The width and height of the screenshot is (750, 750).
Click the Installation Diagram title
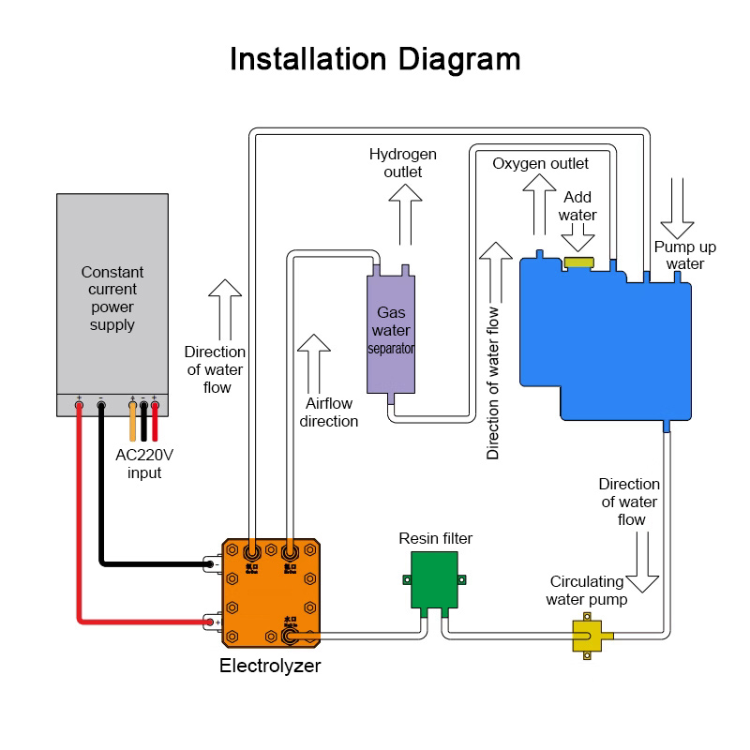click(x=375, y=59)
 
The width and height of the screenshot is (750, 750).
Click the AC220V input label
click(x=144, y=463)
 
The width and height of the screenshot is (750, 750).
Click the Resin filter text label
click(x=435, y=538)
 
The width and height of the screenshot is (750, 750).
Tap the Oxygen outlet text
click(x=541, y=164)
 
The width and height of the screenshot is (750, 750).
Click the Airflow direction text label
click(x=329, y=412)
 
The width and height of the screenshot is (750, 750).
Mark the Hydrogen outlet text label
click(x=403, y=162)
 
